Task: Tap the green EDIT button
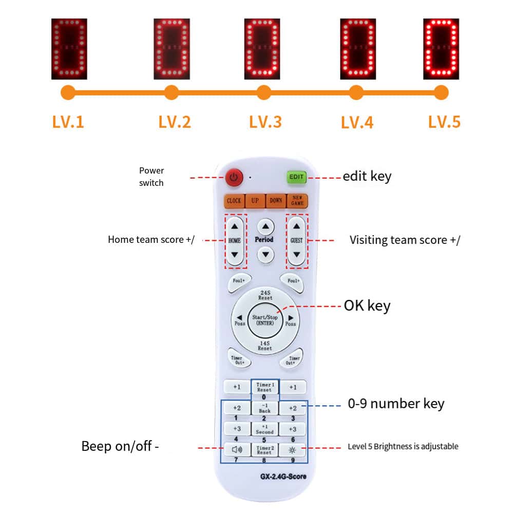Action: pos(296,177)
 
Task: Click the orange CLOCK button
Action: pos(234,200)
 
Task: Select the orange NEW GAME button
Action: pos(297,200)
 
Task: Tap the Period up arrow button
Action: pos(265,226)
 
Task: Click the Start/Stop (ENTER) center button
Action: pos(265,320)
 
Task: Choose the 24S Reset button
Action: pos(265,295)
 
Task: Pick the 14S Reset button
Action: pos(265,346)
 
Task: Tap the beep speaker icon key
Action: pos(237,450)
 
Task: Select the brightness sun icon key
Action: pos(293,450)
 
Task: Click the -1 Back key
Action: pos(264,408)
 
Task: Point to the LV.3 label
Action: pos(265,122)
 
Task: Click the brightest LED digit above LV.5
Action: pos(441,49)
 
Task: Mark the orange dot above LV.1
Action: pos(68,93)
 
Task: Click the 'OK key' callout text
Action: pos(367,306)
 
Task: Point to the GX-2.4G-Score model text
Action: pos(283,477)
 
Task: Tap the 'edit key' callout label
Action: pos(367,176)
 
